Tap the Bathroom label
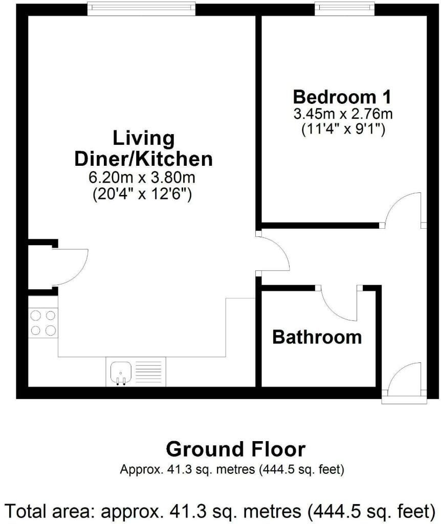point(317,337)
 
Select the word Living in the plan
point(143,138)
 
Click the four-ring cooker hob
point(43,323)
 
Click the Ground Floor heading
point(235,449)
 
